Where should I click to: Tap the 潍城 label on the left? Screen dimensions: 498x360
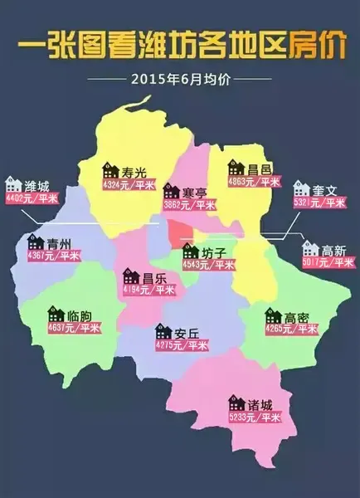[x=37, y=184]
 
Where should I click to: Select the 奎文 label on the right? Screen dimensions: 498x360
[x=326, y=190]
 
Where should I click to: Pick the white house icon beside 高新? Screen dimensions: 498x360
[x=310, y=247]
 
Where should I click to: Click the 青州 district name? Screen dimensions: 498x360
[x=59, y=242]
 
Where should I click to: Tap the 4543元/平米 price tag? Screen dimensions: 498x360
[x=207, y=266]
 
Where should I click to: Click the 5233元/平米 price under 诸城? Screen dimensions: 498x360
[x=255, y=418]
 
